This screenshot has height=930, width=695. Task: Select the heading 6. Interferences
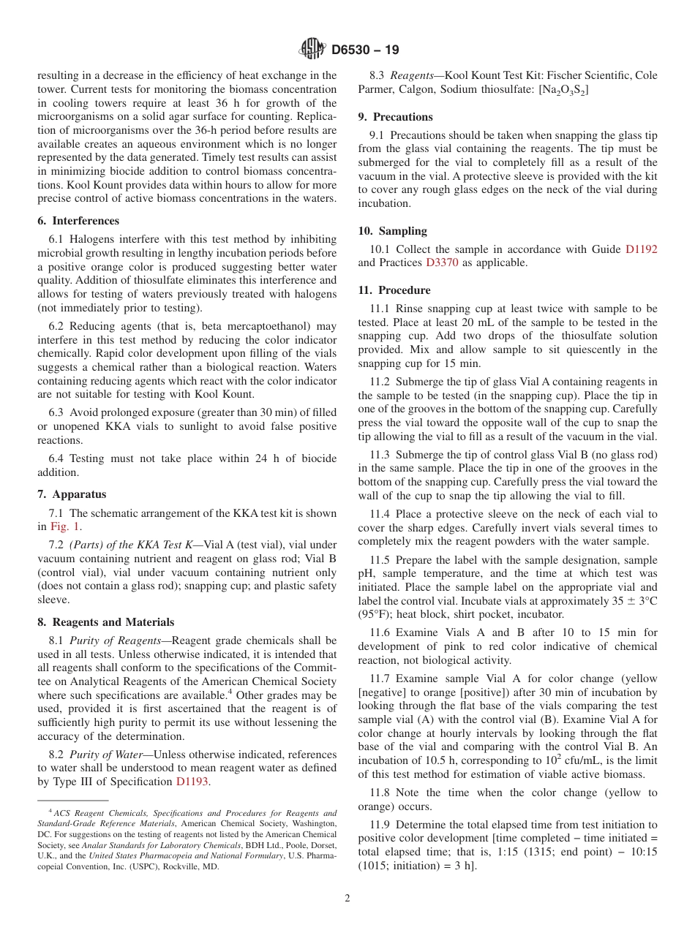78,221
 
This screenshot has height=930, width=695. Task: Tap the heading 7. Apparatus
72,494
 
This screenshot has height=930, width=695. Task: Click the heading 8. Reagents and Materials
106,622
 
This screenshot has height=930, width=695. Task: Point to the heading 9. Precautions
395,117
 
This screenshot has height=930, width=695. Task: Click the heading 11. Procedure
395,290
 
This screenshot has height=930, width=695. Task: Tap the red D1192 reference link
641,249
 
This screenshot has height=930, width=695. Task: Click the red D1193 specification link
192,782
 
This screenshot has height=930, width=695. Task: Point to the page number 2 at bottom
347,899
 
